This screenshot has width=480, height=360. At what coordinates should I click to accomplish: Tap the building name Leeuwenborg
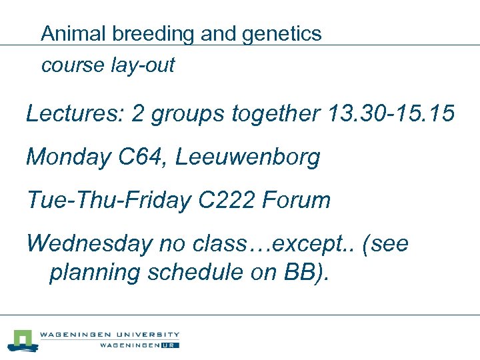[247, 157]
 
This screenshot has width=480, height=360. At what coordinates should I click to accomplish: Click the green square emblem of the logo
[25, 339]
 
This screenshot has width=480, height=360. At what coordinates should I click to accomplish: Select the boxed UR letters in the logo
[172, 345]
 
